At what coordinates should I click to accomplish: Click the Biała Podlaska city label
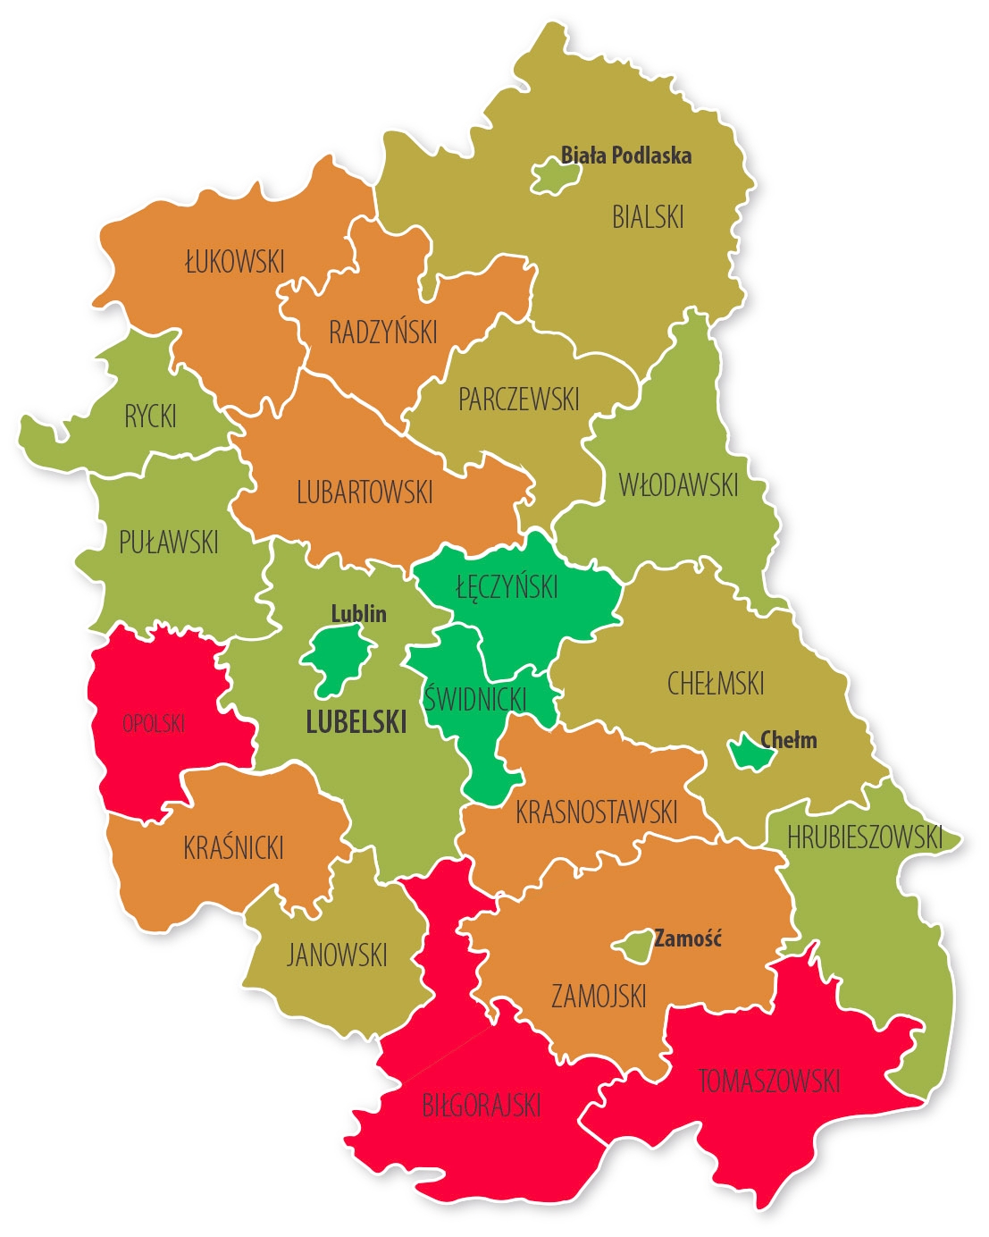click(x=625, y=156)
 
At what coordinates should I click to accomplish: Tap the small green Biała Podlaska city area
click(x=556, y=177)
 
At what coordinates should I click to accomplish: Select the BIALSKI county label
click(x=648, y=217)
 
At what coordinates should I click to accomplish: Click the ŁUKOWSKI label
click(x=234, y=262)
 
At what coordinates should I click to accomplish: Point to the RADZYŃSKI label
click(x=383, y=332)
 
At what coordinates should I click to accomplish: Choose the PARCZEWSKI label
click(x=519, y=400)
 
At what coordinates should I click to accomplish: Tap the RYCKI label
click(x=150, y=417)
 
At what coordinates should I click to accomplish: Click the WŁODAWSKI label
click(x=679, y=485)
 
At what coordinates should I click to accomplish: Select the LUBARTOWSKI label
click(x=365, y=492)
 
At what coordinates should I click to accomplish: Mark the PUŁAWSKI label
click(x=169, y=542)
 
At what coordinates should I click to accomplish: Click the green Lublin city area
click(x=337, y=661)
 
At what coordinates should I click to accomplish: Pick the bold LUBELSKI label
click(x=356, y=722)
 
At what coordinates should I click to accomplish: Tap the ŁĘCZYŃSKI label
click(x=507, y=587)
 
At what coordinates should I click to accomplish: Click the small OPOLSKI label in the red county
click(x=154, y=723)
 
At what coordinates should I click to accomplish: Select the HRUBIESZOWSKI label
click(x=864, y=837)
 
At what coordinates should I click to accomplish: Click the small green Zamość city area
click(x=634, y=946)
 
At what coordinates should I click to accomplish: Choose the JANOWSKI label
click(x=337, y=955)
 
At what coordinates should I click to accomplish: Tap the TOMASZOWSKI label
click(x=769, y=1081)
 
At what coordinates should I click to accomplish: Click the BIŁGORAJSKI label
click(x=482, y=1106)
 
